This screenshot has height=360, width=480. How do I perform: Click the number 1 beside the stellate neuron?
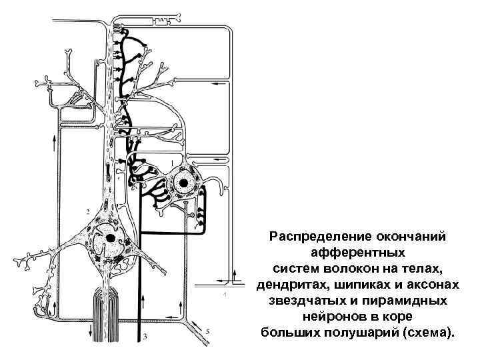pyautogui.click(x=173, y=162)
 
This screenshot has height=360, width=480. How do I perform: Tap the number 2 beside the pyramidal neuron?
pyautogui.click(x=88, y=211)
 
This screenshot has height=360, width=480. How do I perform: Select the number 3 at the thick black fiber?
pyautogui.click(x=145, y=336)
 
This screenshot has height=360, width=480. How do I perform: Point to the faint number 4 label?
pyautogui.click(x=225, y=293)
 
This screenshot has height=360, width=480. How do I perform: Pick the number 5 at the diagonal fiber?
pyautogui.click(x=208, y=331)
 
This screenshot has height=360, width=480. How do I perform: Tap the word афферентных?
pyautogui.click(x=357, y=253)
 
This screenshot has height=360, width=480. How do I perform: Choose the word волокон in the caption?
pyautogui.click(x=360, y=269)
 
